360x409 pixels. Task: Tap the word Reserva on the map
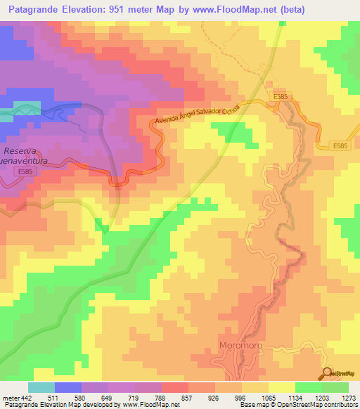(x=24, y=151)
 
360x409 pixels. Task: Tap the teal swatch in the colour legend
(x=41, y=387)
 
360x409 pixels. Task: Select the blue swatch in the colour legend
(x=67, y=387)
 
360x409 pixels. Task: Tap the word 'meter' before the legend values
(x=10, y=397)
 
